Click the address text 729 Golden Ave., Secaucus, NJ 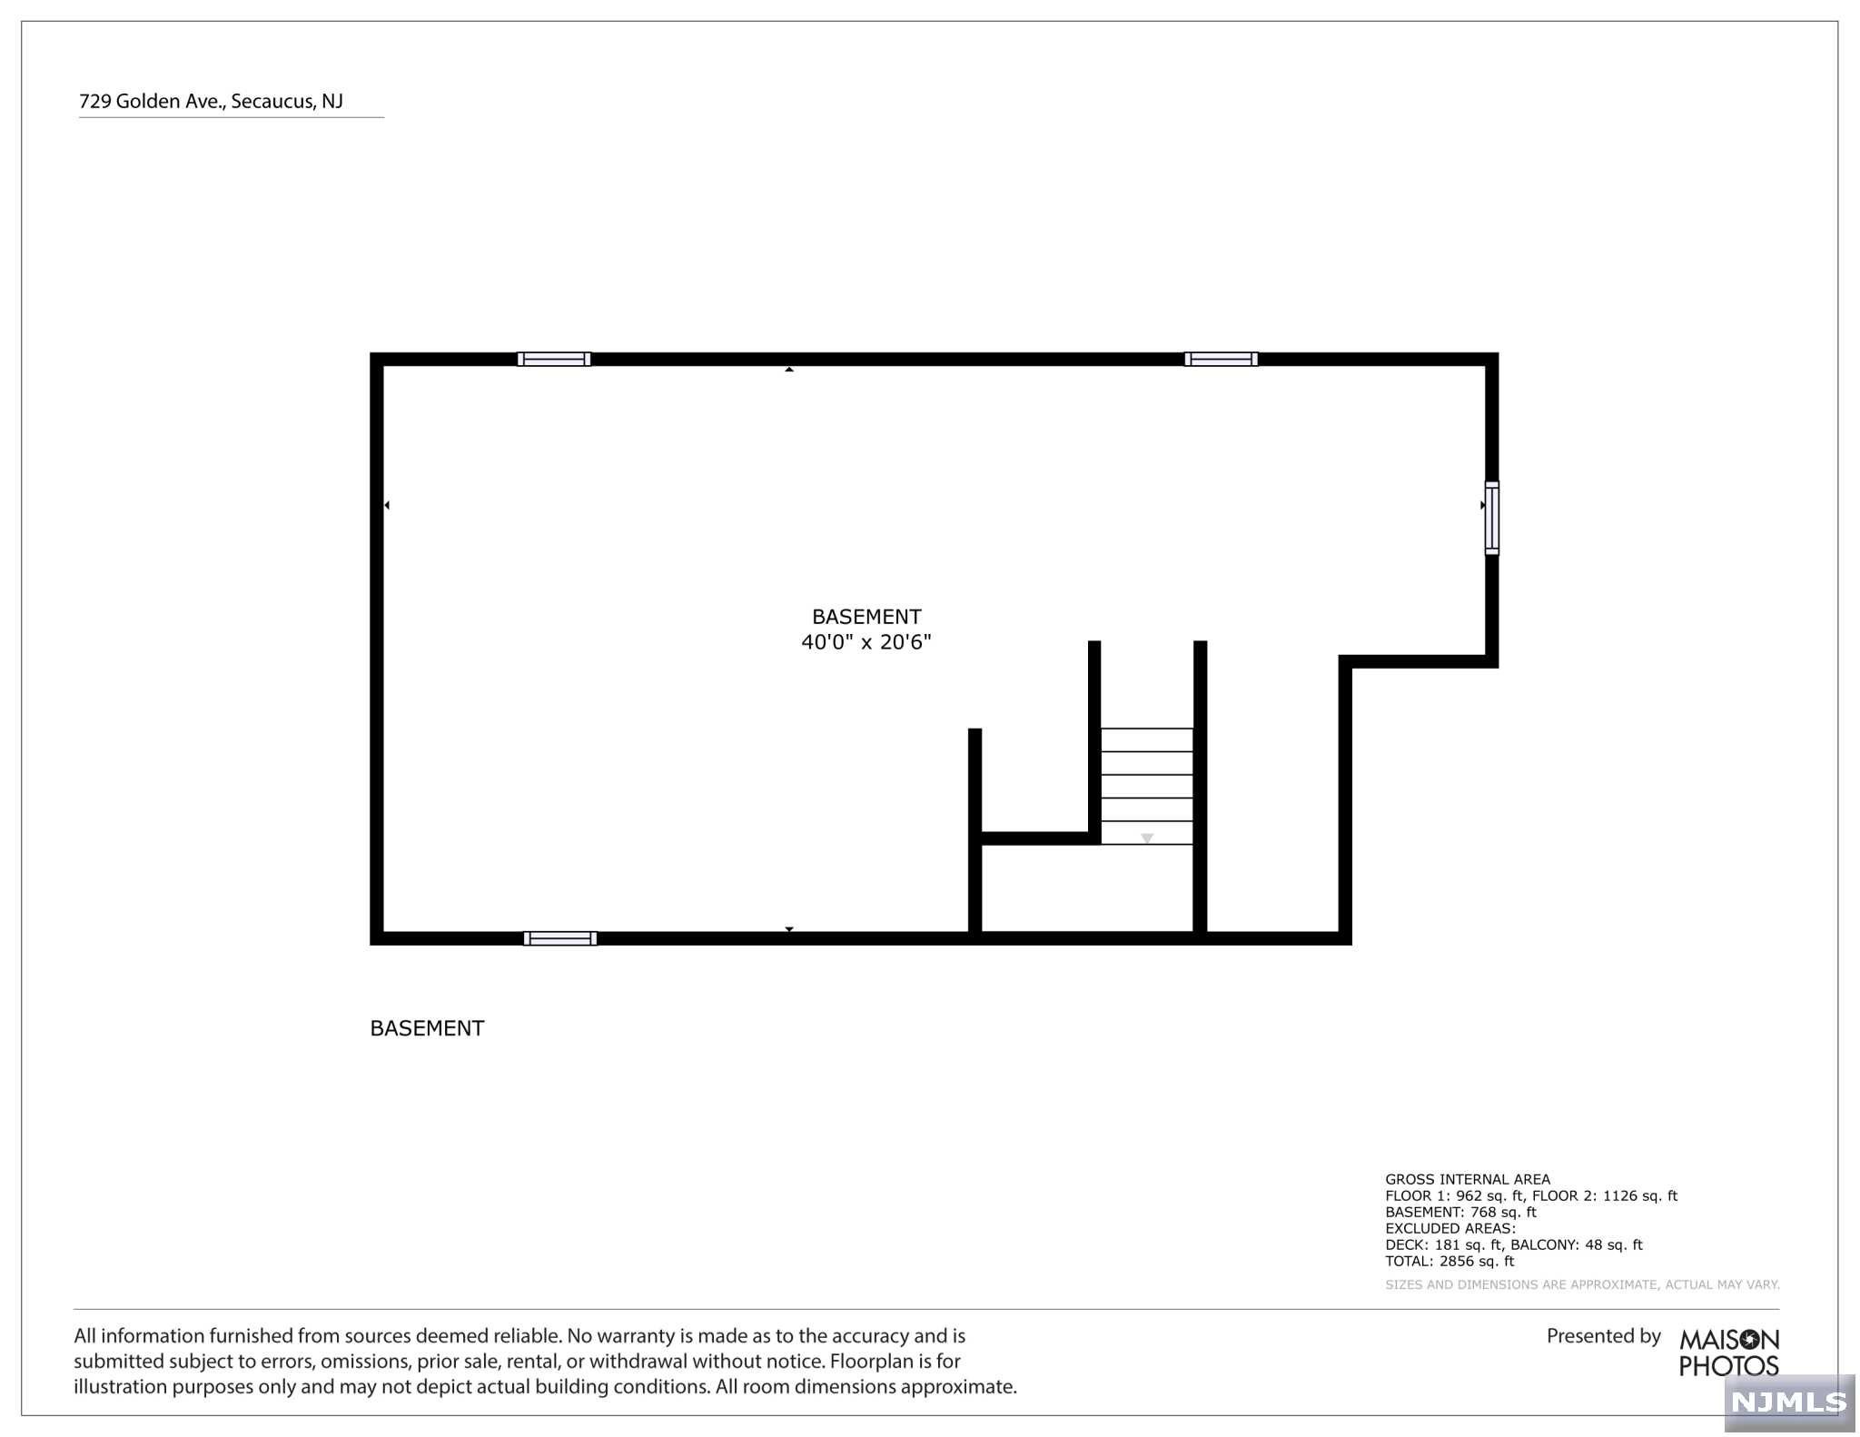(x=211, y=101)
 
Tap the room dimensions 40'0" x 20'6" (x=866, y=642)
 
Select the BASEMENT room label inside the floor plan (x=866, y=617)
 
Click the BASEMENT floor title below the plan (x=427, y=1028)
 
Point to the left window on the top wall (x=554, y=359)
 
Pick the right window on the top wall (x=1221, y=359)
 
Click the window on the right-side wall (x=1491, y=518)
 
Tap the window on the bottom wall (x=560, y=938)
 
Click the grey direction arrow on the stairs (x=1147, y=838)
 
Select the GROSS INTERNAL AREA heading (x=1468, y=1179)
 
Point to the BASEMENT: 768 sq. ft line (x=1460, y=1212)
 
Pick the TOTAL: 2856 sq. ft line (x=1449, y=1261)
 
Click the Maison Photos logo (x=1728, y=1353)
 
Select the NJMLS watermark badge (x=1788, y=1402)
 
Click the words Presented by (x=1603, y=1336)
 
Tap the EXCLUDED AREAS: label (x=1450, y=1228)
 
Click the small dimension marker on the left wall (x=387, y=505)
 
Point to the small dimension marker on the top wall (x=789, y=369)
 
